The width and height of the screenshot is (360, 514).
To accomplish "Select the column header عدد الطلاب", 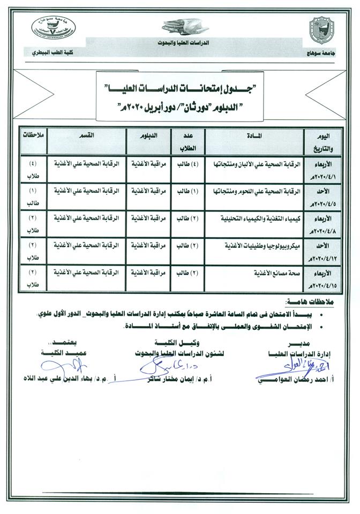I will (187, 140).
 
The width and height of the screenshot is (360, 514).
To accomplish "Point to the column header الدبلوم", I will (147, 135).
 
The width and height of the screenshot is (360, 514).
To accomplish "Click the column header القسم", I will (88, 135).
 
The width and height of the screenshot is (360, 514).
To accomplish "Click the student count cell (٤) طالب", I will (187, 162).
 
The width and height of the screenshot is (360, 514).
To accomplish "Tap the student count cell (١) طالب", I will (187, 190).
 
